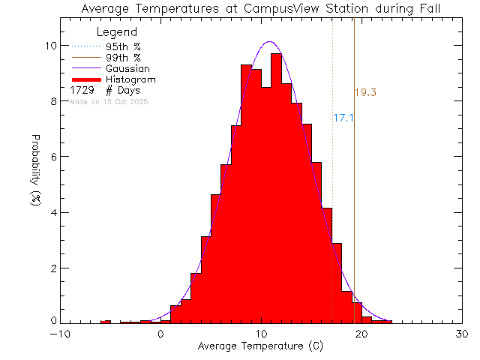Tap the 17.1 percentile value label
[343, 118]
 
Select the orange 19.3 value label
[365, 93]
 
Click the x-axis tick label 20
[361, 335]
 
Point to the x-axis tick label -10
[60, 335]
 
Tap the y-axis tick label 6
[52, 157]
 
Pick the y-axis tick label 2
[52, 268]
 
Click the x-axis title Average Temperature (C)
[261, 346]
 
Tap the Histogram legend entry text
[131, 79]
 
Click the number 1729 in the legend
[81, 90]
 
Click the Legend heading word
[118, 33]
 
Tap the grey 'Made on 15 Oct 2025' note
[109, 101]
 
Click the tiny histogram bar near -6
[106, 322]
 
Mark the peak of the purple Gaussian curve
[268, 42]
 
